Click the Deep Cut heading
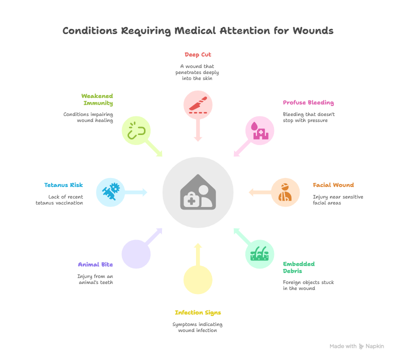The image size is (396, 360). tap(197, 54)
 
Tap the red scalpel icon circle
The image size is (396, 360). tap(198, 105)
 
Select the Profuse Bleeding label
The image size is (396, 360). tap(308, 103)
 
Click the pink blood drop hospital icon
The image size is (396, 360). tap(259, 130)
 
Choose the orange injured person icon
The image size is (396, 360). tap(285, 192)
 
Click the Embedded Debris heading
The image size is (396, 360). tap(298, 267)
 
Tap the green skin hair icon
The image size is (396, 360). tap(259, 254)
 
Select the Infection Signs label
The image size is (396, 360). tap(197, 312)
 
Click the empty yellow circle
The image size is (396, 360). tap(198, 279)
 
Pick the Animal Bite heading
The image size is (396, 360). tap(95, 264)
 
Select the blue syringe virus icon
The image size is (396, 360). tap(110, 192)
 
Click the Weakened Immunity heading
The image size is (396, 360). tap(97, 99)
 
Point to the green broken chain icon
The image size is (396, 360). tap(136, 131)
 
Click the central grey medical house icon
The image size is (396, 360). tap(198, 192)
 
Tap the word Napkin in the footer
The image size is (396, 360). tap(374, 346)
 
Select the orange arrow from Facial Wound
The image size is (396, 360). tap(258, 192)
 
